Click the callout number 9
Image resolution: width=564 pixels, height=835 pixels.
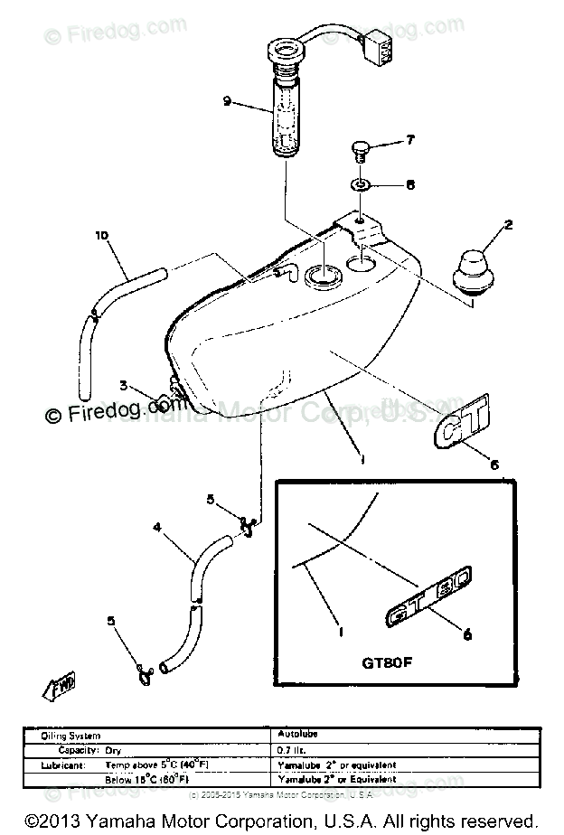[228, 101]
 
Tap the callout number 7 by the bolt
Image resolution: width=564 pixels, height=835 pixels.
[409, 140]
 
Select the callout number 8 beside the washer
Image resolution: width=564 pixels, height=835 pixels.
[409, 185]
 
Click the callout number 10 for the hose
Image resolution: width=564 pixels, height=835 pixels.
[101, 236]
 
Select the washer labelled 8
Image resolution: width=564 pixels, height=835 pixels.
[360, 185]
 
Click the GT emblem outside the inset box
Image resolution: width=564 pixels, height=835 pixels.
[458, 427]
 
